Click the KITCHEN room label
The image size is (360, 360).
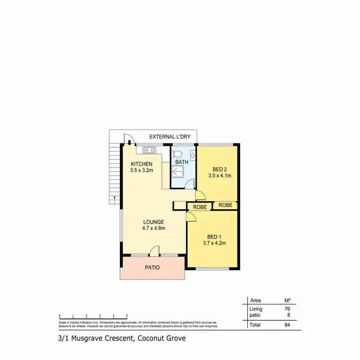coord(142,164)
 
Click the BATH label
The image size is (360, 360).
coord(182,162)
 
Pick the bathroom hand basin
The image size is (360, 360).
coord(192,155)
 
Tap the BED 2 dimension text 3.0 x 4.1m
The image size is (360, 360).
coord(219,176)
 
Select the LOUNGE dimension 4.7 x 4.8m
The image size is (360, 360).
coord(154,228)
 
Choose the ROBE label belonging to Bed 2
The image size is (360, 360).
coord(226,205)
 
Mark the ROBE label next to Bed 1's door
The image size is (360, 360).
coord(200,207)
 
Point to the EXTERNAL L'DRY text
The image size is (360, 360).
coord(170,137)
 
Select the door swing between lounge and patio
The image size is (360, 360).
coord(155,251)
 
